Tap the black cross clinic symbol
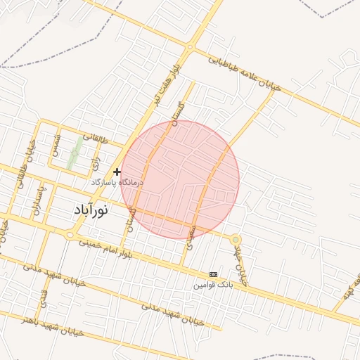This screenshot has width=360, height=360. click(117, 172)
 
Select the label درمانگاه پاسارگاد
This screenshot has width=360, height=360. click(116, 182)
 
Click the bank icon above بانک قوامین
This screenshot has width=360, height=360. click(214, 274)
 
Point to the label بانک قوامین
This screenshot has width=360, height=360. click(213, 285)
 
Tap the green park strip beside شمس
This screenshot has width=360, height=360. click(73, 155)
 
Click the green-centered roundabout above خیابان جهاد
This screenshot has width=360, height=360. click(236, 240)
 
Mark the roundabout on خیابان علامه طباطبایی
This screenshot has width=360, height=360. click(190, 47)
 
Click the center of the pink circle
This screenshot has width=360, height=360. click(180, 179)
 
